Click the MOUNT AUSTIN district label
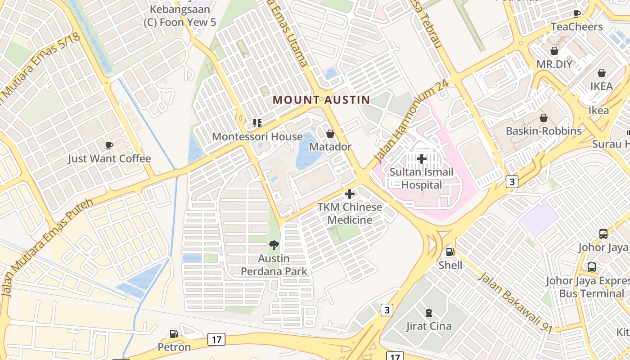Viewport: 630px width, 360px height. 321,100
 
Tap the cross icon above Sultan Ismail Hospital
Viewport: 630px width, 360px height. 422,159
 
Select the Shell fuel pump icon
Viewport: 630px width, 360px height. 450,252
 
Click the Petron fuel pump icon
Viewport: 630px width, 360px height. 174,334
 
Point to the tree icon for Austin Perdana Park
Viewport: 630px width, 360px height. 274,245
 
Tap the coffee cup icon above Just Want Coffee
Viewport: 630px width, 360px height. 109,145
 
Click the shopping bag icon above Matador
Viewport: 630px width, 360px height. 330,134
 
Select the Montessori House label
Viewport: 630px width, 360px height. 257,136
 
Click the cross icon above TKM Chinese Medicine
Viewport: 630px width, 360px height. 350,194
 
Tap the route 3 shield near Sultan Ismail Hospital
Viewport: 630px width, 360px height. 512,182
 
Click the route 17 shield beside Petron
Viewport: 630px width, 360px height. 216,339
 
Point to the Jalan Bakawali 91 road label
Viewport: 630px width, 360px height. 515,302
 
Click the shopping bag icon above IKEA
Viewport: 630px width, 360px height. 602,73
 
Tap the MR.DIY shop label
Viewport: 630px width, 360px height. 554,64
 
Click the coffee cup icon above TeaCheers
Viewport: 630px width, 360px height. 577,13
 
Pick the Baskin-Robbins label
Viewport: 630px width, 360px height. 544,131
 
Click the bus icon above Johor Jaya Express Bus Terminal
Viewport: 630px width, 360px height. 592,267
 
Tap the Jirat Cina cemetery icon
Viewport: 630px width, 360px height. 428,312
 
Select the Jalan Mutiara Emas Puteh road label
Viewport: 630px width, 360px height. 47,247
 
